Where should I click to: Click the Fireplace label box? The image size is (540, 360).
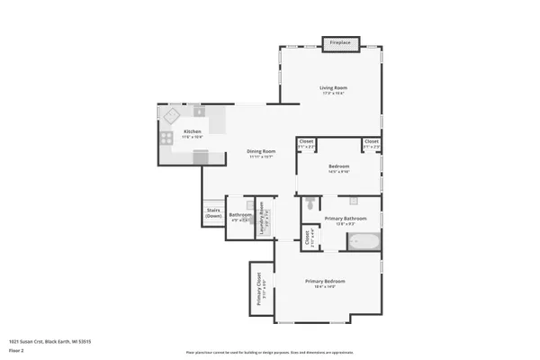click(340, 42)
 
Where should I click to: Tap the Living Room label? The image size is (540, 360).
click(332, 89)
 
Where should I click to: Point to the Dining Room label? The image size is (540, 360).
click(260, 153)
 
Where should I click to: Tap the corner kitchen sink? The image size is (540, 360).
click(171, 115)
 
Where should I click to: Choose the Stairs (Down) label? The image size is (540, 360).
click(213, 214)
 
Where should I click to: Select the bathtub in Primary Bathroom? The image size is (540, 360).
click(364, 241)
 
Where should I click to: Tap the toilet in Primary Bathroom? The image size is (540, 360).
click(310, 205)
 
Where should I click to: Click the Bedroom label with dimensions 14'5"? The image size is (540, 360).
click(338, 169)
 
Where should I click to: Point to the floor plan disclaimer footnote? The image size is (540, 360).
click(269, 352)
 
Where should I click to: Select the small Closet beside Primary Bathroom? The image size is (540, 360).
click(307, 238)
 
